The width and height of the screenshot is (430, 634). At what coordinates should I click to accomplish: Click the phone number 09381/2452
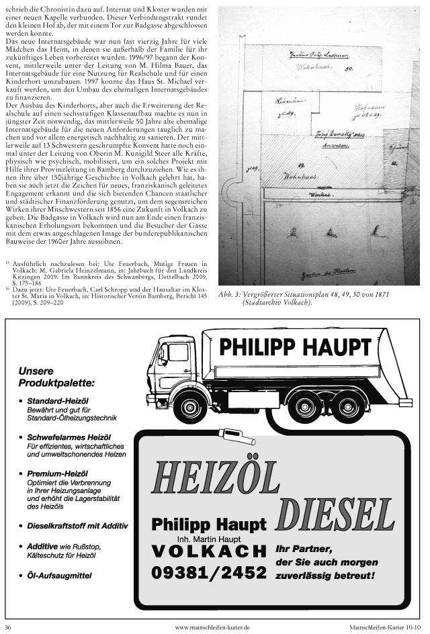(209, 573)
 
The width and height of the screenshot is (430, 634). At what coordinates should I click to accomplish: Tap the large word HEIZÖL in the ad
(214, 478)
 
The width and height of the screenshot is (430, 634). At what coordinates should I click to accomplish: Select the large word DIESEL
(335, 514)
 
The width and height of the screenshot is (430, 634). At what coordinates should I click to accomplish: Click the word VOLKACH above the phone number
(209, 551)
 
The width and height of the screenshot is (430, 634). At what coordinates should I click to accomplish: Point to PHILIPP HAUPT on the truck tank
(295, 347)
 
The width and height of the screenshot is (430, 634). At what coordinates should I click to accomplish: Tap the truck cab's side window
(178, 353)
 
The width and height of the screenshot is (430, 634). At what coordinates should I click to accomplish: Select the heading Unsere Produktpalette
(56, 377)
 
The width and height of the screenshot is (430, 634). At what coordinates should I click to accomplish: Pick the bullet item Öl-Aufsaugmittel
(59, 576)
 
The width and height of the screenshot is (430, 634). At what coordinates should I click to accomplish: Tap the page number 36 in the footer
(8, 627)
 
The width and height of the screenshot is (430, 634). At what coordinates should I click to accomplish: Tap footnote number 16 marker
(7, 285)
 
